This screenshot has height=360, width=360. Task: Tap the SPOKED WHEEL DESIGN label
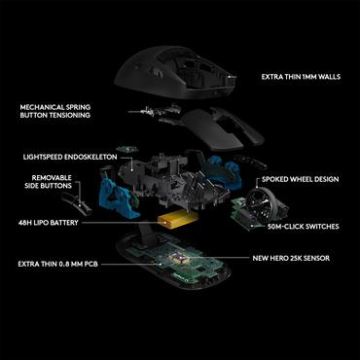pyautogui.click(x=300, y=181)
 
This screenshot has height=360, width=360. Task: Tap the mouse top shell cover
pyautogui.click(x=174, y=59)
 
